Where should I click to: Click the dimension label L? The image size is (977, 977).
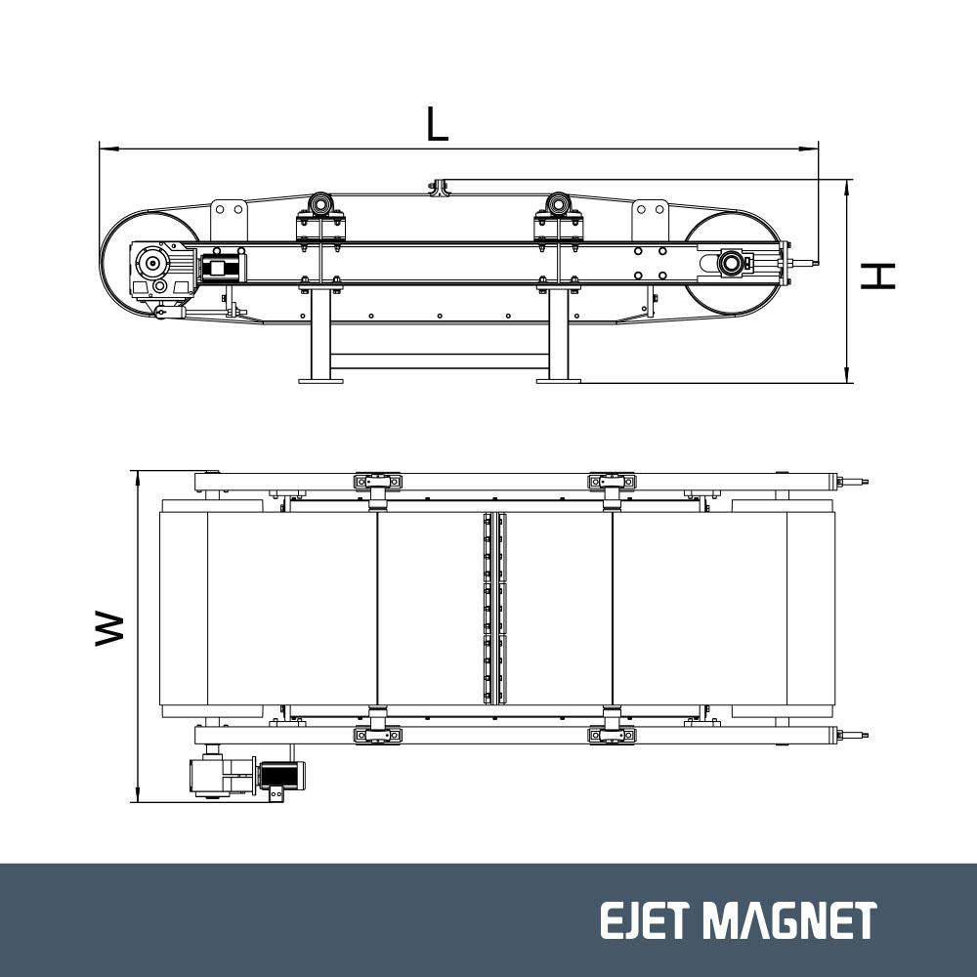tap(437, 123)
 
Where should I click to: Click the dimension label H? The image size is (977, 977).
tap(877, 276)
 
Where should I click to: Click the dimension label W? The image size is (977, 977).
tap(109, 628)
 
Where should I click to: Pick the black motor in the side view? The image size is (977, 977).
tap(221, 268)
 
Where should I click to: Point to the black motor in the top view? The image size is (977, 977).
tap(281, 775)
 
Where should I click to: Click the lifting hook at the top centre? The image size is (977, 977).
tap(440, 188)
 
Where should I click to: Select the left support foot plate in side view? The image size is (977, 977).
tap(320, 380)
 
